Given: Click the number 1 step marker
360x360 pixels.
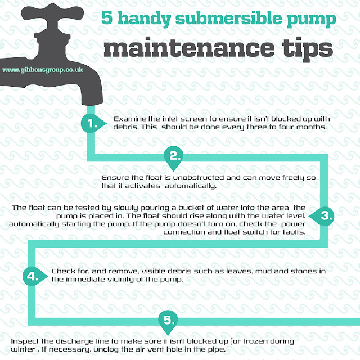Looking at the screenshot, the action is click(92, 123).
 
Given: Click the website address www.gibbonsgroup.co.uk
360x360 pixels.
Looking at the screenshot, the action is click(43, 70).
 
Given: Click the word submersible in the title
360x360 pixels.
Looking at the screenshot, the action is click(228, 18).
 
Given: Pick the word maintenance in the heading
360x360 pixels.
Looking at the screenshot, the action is click(189, 47).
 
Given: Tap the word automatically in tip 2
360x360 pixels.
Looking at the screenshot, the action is click(191, 186).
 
